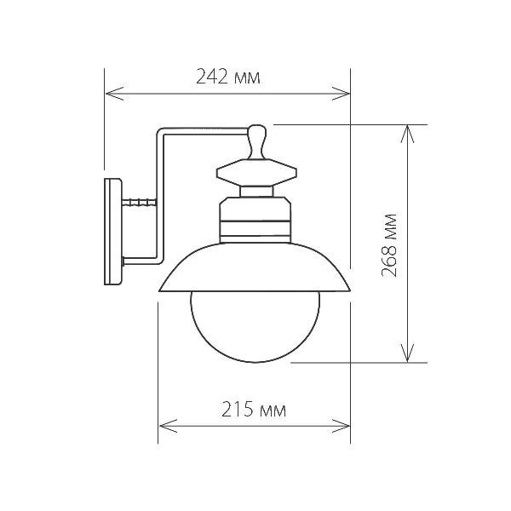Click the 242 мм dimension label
pyautogui.click(x=227, y=78)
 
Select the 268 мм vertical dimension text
pyautogui.click(x=391, y=242)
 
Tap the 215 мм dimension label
pyautogui.click(x=253, y=410)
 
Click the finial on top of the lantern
pyautogui.click(x=258, y=141)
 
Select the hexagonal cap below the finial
pyautogui.click(x=258, y=175)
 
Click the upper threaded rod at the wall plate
pyautogui.click(x=139, y=202)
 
